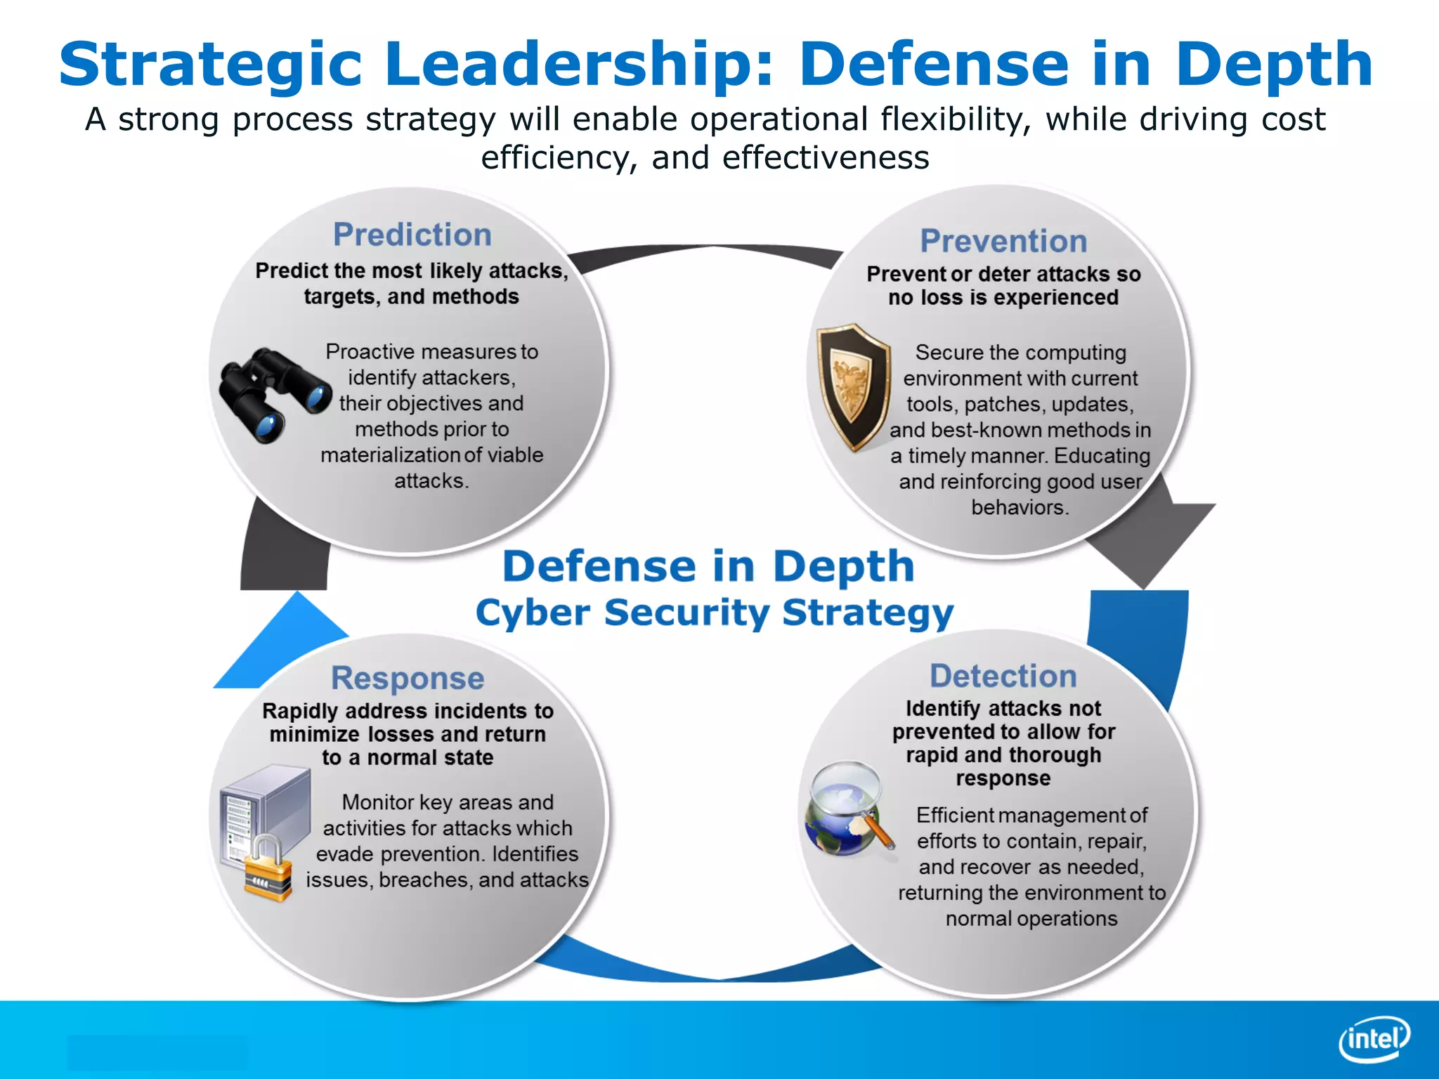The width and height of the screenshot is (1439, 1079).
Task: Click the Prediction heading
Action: pyautogui.click(x=412, y=235)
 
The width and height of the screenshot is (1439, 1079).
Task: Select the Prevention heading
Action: pyautogui.click(x=1003, y=241)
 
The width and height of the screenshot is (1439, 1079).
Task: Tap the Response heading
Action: pyautogui.click(x=408, y=679)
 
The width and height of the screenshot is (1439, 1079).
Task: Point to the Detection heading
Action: pyautogui.click(x=1003, y=676)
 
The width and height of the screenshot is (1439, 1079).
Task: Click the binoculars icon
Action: pyautogui.click(x=273, y=394)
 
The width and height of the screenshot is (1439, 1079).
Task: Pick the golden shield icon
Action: pyautogui.click(x=852, y=386)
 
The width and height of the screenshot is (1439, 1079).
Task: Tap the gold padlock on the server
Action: pyautogui.click(x=268, y=870)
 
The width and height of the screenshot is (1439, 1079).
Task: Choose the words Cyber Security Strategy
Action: pyautogui.click(x=715, y=613)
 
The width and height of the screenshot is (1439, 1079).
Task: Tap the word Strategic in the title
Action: pyautogui.click(x=210, y=64)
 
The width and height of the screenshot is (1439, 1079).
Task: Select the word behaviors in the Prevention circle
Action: pyautogui.click(x=1020, y=507)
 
